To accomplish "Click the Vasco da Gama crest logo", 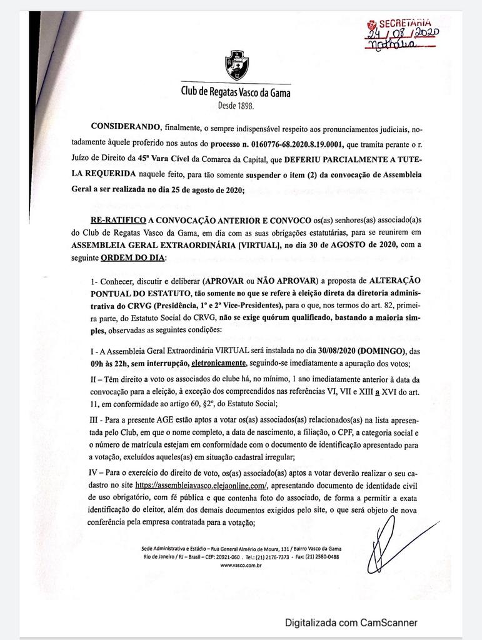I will pos(236,64).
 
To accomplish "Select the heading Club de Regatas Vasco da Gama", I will pos(236,92).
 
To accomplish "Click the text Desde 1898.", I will pos(236,106).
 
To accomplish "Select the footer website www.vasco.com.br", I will pos(241,564).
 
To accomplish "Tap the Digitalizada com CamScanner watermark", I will pos(351,622).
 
